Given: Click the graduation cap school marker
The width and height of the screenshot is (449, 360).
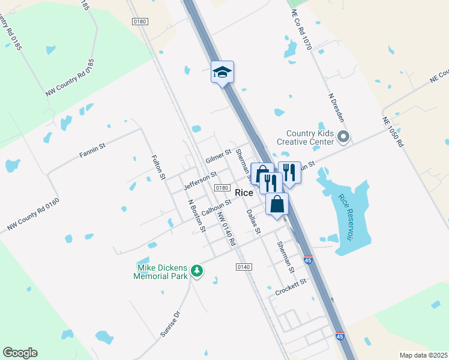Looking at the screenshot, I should pyautogui.click(x=222, y=73).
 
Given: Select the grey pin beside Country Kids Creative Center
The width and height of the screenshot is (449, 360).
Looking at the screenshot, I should pyautogui.click(x=343, y=137).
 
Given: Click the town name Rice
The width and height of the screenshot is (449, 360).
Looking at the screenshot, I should pyautogui.click(x=244, y=193).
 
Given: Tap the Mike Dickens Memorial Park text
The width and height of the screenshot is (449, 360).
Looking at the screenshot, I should pyautogui.click(x=163, y=272).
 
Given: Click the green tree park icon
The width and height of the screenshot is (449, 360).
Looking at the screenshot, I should pyautogui.click(x=197, y=272).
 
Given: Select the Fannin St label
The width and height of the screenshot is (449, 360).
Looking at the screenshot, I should pyautogui.click(x=92, y=150).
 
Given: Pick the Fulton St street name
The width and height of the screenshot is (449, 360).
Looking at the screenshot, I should pyautogui.click(x=158, y=167).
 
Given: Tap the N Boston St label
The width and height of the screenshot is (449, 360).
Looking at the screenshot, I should pyautogui.click(x=197, y=215).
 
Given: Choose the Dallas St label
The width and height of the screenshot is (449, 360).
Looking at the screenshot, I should pyautogui.click(x=254, y=221).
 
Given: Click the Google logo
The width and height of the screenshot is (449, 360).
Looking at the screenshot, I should pyautogui.click(x=20, y=353).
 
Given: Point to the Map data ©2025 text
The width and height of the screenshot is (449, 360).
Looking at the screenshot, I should pyautogui.click(x=423, y=355).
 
